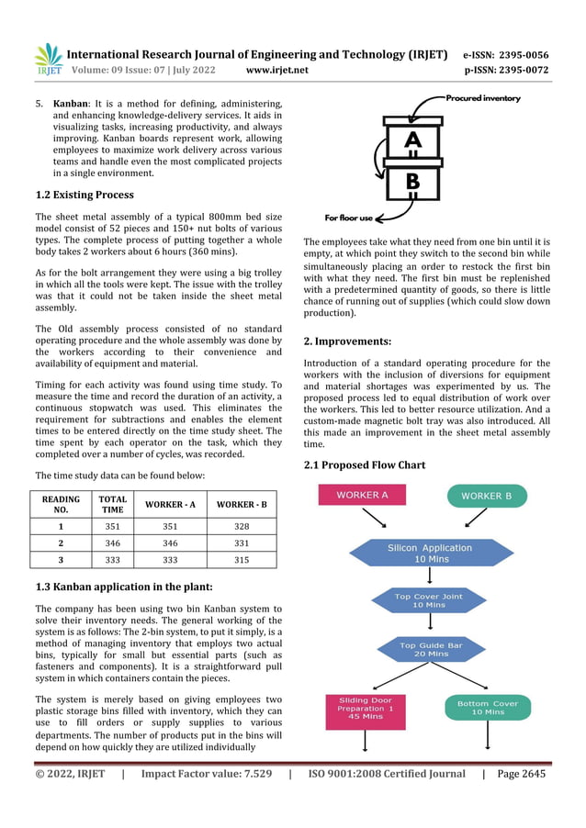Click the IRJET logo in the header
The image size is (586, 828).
coord(48,60)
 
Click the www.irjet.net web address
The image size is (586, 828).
coord(277,70)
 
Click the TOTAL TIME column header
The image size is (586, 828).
coord(112,504)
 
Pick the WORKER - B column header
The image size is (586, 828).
coord(241,504)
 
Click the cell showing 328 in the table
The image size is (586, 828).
coord(241,527)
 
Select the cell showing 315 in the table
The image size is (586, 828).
coord(241,559)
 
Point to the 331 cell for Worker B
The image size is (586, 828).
coord(241,543)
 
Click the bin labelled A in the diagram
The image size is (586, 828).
coord(412,140)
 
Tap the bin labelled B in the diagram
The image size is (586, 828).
coord(412,181)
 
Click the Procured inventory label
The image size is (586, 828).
coord(482,98)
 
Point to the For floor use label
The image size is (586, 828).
coord(349,218)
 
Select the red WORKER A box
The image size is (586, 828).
coord(362,495)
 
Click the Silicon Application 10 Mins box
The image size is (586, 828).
coord(430,553)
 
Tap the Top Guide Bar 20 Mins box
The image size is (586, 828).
coord(430,650)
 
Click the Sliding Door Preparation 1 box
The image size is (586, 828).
coord(366,711)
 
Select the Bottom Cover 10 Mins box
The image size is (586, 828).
coord(488,708)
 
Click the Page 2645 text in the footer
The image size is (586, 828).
coord(521,774)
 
